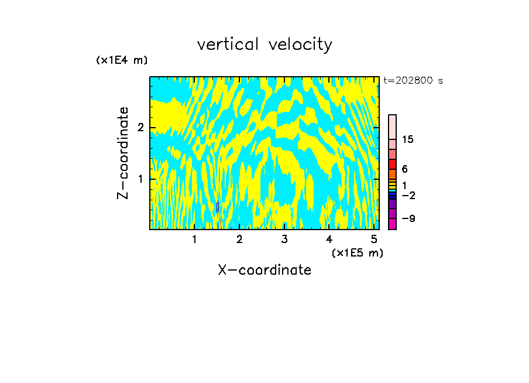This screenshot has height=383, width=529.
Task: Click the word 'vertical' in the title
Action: click(227, 45)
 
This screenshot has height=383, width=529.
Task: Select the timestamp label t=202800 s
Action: click(413, 80)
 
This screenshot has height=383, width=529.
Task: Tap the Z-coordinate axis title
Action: click(123, 153)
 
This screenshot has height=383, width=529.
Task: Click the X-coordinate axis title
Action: click(264, 270)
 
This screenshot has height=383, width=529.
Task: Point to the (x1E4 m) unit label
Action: click(122, 60)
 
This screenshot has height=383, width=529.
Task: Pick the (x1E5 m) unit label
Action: click(357, 252)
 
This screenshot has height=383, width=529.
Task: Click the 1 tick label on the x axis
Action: click(195, 239)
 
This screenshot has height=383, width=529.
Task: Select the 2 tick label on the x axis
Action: click(239, 239)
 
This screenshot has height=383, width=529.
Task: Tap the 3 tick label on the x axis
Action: click(284, 239)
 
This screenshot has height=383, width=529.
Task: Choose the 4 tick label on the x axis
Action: click(329, 239)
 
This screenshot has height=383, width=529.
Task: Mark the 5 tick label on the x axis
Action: click(374, 239)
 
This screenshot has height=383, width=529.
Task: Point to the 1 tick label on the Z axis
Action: click(140, 179)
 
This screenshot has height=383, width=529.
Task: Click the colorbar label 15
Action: click(408, 139)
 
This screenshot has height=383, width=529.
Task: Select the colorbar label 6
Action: click(404, 169)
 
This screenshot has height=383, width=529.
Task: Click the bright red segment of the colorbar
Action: click(392, 164)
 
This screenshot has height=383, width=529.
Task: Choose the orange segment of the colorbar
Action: click(392, 174)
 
